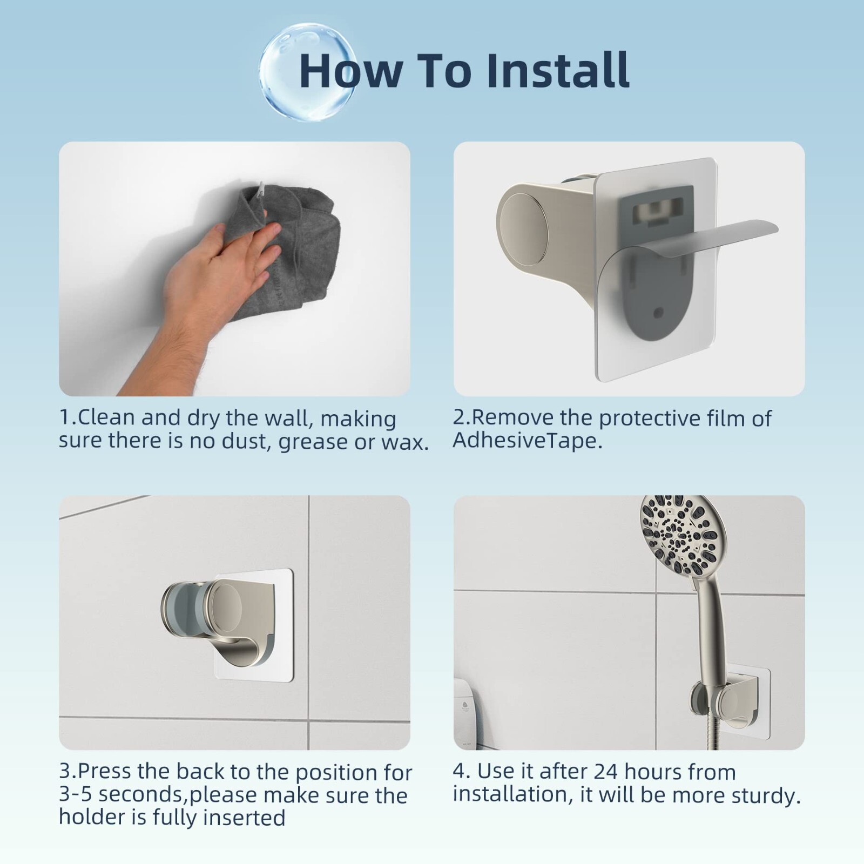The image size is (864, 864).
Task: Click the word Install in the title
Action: point(558,70)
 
